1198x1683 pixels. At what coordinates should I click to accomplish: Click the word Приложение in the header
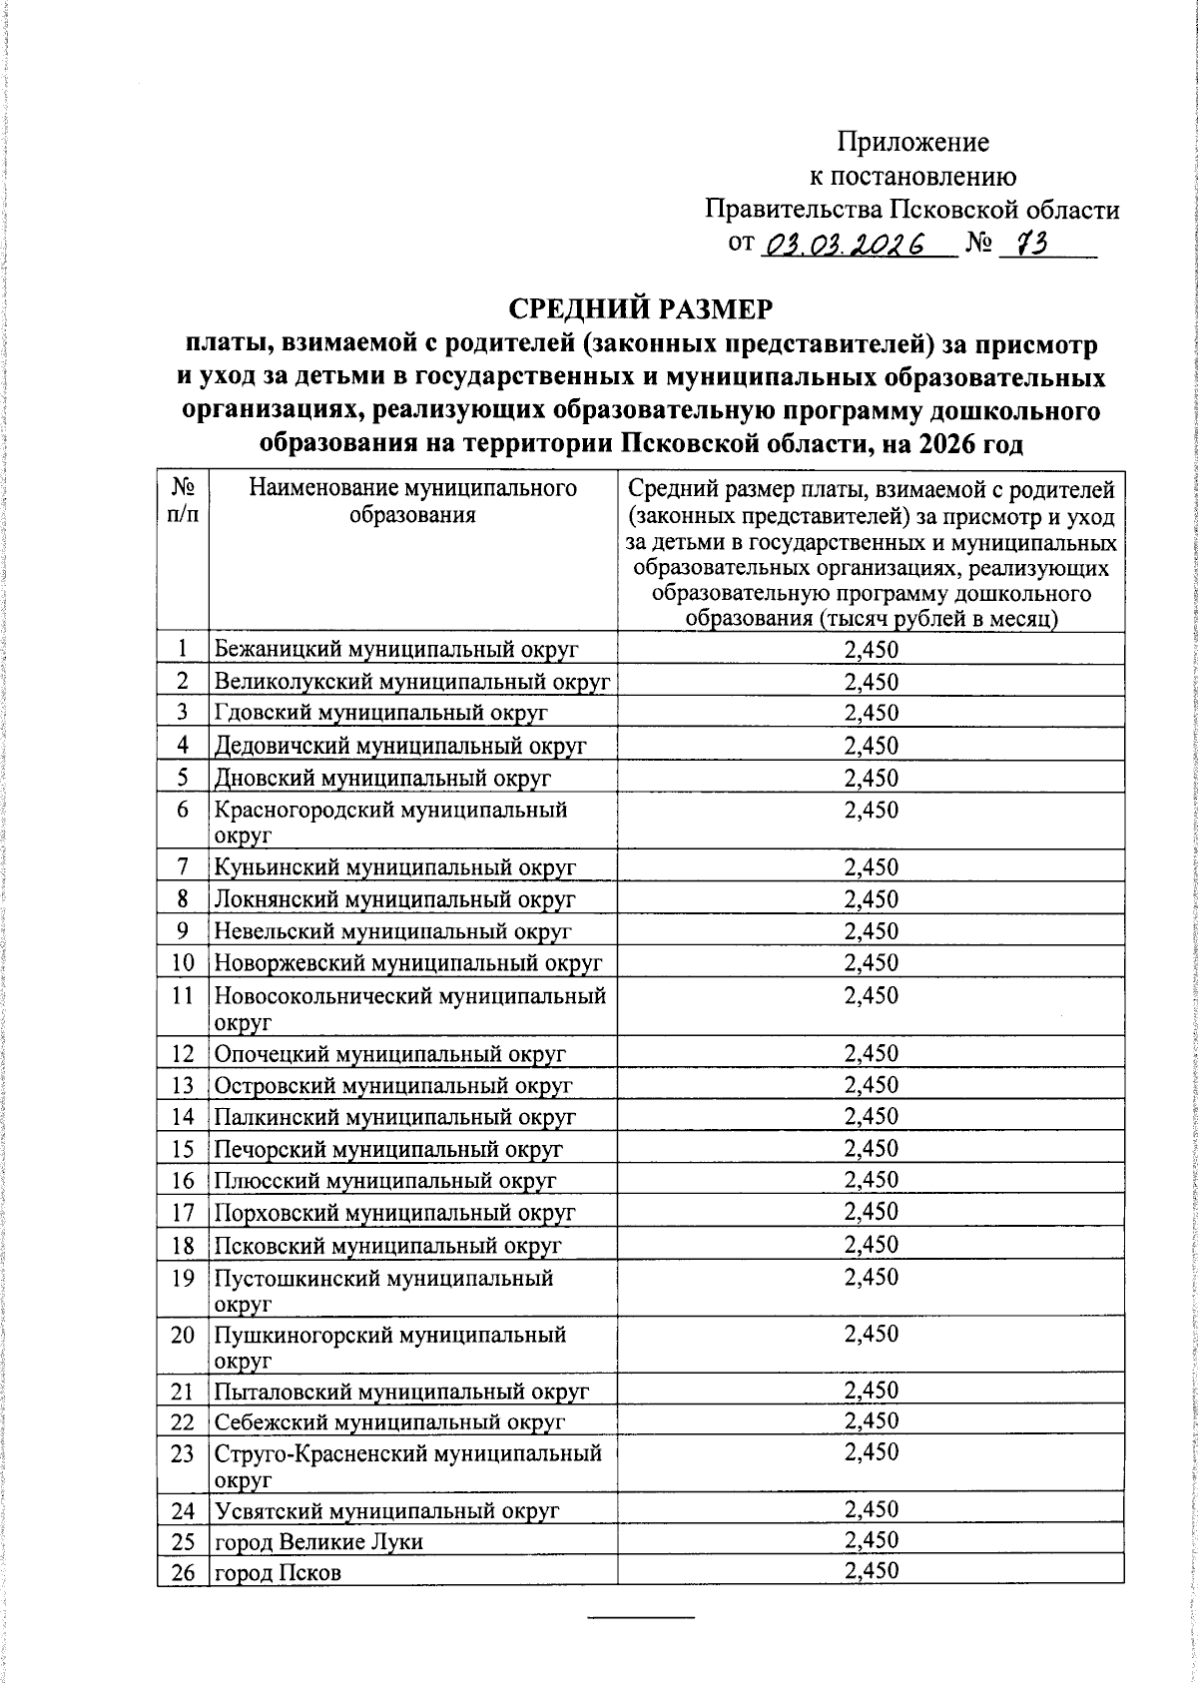coord(912,142)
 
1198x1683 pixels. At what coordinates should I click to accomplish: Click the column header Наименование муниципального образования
coord(412,501)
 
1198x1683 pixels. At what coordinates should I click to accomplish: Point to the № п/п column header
coord(183,501)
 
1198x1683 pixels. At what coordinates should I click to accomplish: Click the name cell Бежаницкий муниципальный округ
coord(396,650)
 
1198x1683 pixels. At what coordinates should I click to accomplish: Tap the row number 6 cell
coord(183,810)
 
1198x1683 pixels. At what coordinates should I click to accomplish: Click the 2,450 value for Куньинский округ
coord(871,867)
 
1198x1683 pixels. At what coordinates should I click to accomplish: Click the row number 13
coord(183,1085)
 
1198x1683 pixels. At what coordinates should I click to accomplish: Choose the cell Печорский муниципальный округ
coord(388,1149)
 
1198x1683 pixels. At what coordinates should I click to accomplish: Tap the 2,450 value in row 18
coord(871,1245)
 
